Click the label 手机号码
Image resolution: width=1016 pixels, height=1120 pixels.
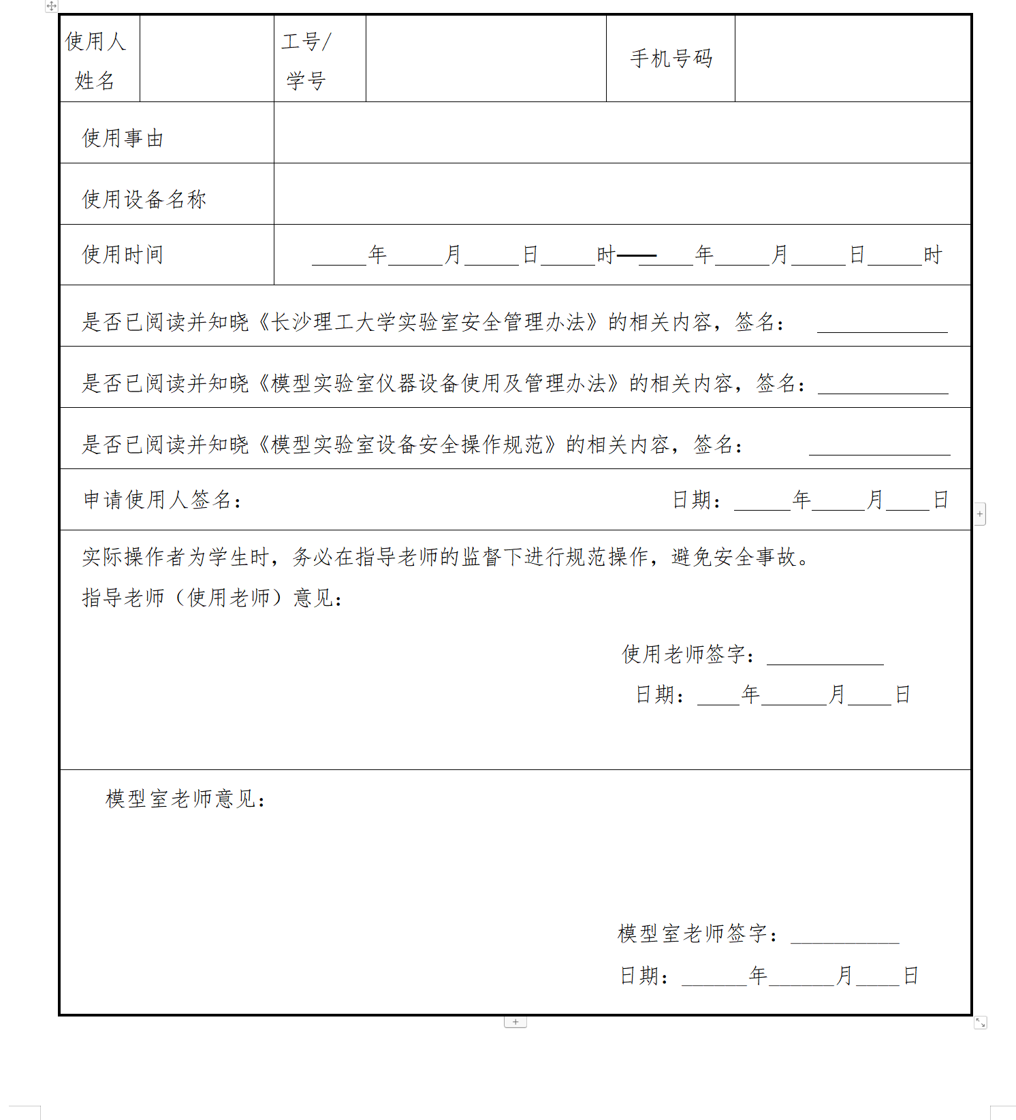671,59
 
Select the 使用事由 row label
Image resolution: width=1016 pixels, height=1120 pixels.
123,138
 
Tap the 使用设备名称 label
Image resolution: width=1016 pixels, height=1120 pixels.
144,199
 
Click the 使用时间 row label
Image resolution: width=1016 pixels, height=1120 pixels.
123,255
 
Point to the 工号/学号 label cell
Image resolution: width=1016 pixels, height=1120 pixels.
306,61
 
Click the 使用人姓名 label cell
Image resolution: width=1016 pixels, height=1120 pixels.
95,61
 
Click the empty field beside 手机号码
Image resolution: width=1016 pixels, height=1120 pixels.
853,59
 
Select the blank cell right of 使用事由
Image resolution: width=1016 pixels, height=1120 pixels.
622,133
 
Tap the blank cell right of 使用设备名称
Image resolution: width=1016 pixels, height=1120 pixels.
622,194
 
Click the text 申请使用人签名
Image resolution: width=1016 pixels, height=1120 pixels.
162,500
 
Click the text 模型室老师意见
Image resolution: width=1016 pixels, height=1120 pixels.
185,799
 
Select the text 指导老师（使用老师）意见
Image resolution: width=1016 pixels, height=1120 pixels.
212,598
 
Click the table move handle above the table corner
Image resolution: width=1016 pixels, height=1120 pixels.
52,6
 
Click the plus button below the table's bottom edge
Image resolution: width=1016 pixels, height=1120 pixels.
515,1022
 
